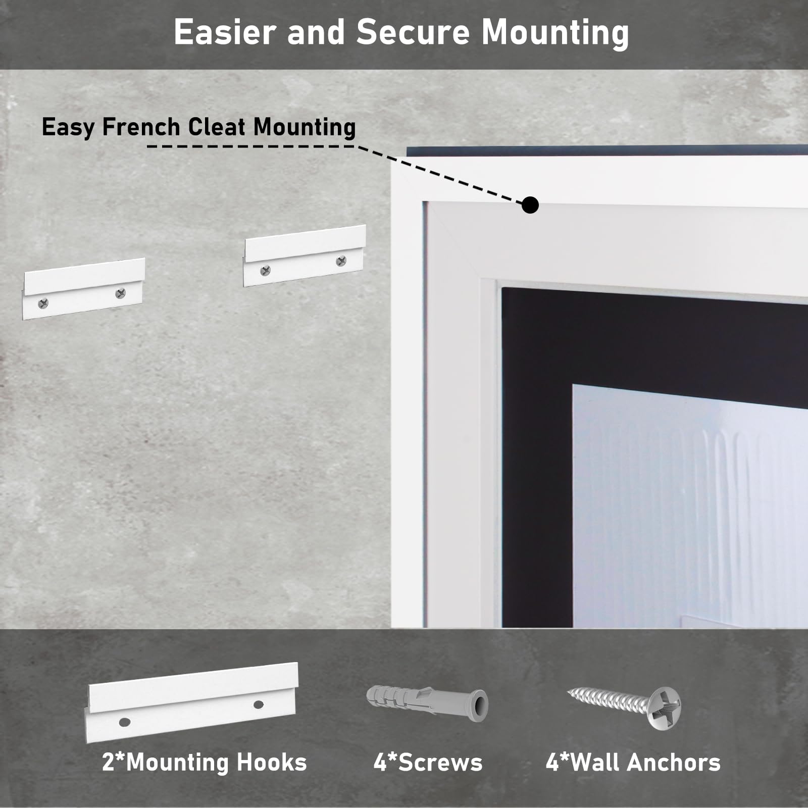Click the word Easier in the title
pyautogui.click(x=225, y=32)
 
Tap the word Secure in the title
pyautogui.click(x=413, y=32)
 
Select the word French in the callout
pyautogui.click(x=141, y=126)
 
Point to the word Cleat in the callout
pyautogui.click(x=217, y=126)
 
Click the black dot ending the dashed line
pyautogui.click(x=530, y=205)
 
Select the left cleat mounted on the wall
pyautogui.click(x=84, y=288)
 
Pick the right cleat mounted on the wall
pyautogui.click(x=304, y=256)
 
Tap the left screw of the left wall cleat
pyautogui.click(x=43, y=303)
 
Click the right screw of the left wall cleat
pyautogui.click(x=120, y=293)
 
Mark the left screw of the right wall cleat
pyautogui.click(x=265, y=271)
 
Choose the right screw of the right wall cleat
pyautogui.click(x=341, y=261)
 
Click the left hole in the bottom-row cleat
pyautogui.click(x=124, y=722)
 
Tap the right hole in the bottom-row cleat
pyautogui.click(x=259, y=704)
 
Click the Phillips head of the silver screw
pyautogui.click(x=663, y=708)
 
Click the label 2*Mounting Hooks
pyautogui.click(x=205, y=762)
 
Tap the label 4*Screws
pyautogui.click(x=428, y=762)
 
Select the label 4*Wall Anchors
pyautogui.click(x=633, y=762)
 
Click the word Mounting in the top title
pyautogui.click(x=555, y=33)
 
